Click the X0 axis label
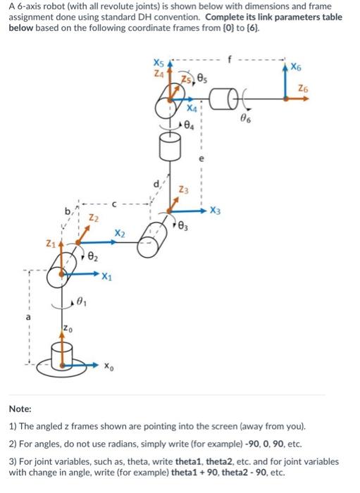click(x=108, y=366)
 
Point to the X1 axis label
click(x=106, y=275)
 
